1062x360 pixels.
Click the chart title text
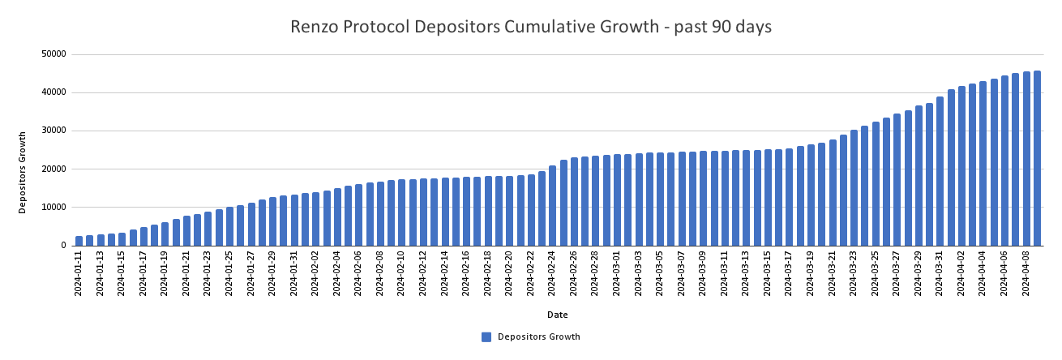531,27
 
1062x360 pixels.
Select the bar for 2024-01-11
79,241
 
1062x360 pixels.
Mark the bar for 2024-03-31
940,170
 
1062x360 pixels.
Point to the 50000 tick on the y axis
54,54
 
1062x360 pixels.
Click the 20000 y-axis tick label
54,169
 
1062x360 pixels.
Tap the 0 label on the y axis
62,246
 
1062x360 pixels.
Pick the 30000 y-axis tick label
54,131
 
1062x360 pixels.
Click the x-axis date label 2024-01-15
122,275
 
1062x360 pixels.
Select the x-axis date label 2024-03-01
617,275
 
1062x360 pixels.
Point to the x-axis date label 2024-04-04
983,275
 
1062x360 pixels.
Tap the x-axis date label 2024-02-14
445,275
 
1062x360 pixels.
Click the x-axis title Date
557,315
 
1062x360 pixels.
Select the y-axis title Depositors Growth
23,172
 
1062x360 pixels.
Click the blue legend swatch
486,337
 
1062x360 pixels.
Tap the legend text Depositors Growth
538,337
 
